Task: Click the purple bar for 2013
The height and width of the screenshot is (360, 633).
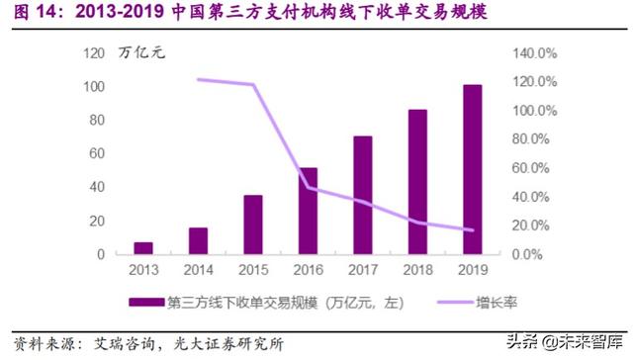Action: (x=143, y=248)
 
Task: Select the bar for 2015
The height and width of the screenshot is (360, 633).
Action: (x=253, y=225)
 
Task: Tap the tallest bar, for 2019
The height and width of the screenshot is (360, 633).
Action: (x=473, y=169)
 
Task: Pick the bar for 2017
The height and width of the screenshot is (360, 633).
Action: (x=363, y=195)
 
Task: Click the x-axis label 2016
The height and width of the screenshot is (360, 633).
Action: (x=308, y=269)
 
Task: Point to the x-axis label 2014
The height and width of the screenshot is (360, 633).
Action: (x=198, y=269)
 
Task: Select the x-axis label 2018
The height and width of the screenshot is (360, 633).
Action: (x=417, y=269)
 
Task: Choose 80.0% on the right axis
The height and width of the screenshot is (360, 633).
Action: (x=534, y=138)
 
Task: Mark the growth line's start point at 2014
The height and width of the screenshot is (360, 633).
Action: (x=198, y=79)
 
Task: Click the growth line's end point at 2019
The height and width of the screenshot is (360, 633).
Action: (x=473, y=230)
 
